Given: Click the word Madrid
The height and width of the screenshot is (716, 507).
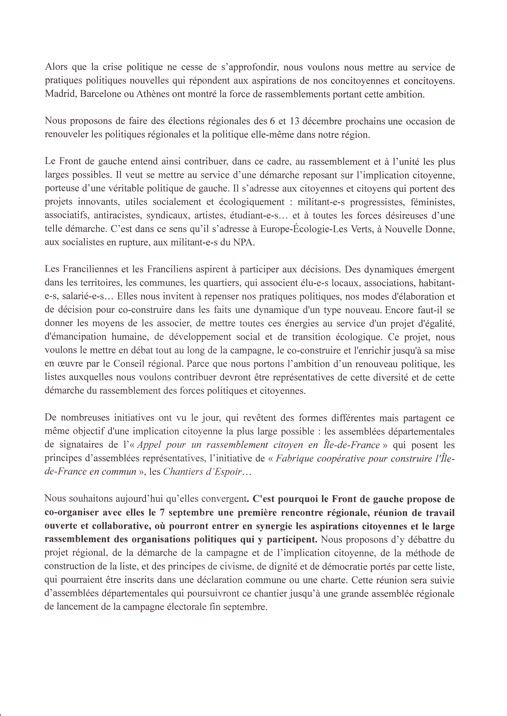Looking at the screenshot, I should [x=60, y=94].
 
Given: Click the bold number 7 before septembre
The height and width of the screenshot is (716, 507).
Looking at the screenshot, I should [x=162, y=512].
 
